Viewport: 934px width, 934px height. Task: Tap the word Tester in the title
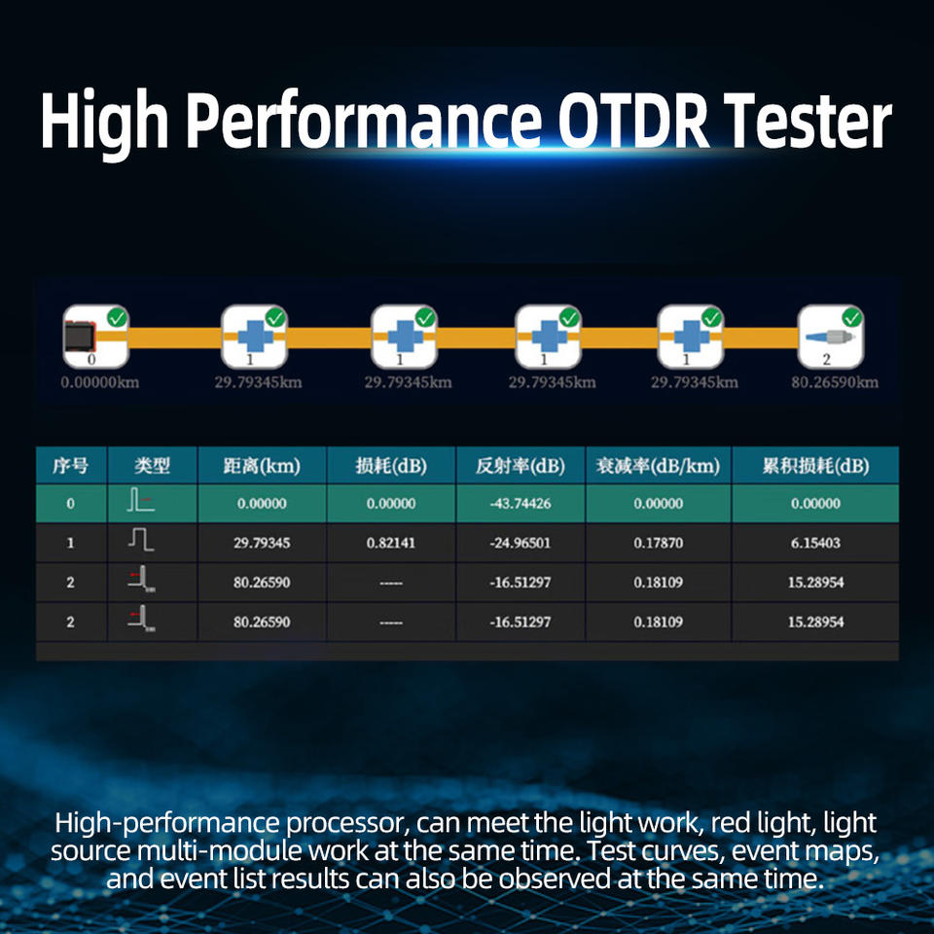808,121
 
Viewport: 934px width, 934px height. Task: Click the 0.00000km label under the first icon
100,381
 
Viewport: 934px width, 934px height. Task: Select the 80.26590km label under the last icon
835,381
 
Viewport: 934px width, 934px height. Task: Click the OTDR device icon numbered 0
95,337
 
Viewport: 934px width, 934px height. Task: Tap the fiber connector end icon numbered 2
830,337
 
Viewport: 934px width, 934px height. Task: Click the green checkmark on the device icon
118,317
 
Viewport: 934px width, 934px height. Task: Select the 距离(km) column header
262,465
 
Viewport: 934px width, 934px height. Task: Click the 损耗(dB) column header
391,465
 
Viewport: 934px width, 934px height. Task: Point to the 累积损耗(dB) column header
815,465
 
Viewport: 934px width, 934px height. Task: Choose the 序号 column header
70,465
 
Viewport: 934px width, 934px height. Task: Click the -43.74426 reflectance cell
520,503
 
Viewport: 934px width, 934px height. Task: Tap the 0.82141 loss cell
391,543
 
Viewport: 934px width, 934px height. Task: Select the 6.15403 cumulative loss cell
815,543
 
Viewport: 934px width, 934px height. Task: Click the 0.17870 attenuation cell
659,543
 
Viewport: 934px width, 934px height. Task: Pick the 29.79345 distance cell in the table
262,543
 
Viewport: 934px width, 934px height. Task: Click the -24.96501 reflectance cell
520,543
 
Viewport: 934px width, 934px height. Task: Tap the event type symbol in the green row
139,500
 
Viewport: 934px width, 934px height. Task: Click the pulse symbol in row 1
141,540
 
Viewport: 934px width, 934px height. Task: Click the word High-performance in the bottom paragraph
166,824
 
